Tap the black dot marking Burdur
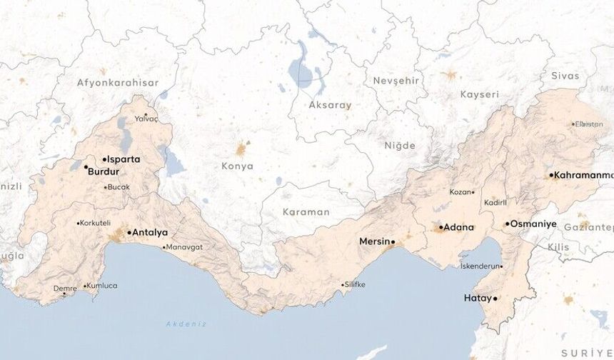[x=86, y=167]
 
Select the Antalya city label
[x=150, y=232]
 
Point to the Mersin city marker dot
[x=392, y=241]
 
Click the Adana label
[x=458, y=227]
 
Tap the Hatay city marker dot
[x=495, y=298]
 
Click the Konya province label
[x=238, y=166]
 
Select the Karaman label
[x=306, y=212]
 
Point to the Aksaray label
[x=330, y=105]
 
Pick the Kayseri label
[x=479, y=94]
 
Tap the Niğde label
[x=400, y=146]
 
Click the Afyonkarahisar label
[x=116, y=83]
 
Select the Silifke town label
[x=355, y=284]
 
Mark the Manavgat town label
[x=184, y=247]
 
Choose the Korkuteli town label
[x=96, y=223]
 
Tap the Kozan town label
[x=460, y=191]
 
